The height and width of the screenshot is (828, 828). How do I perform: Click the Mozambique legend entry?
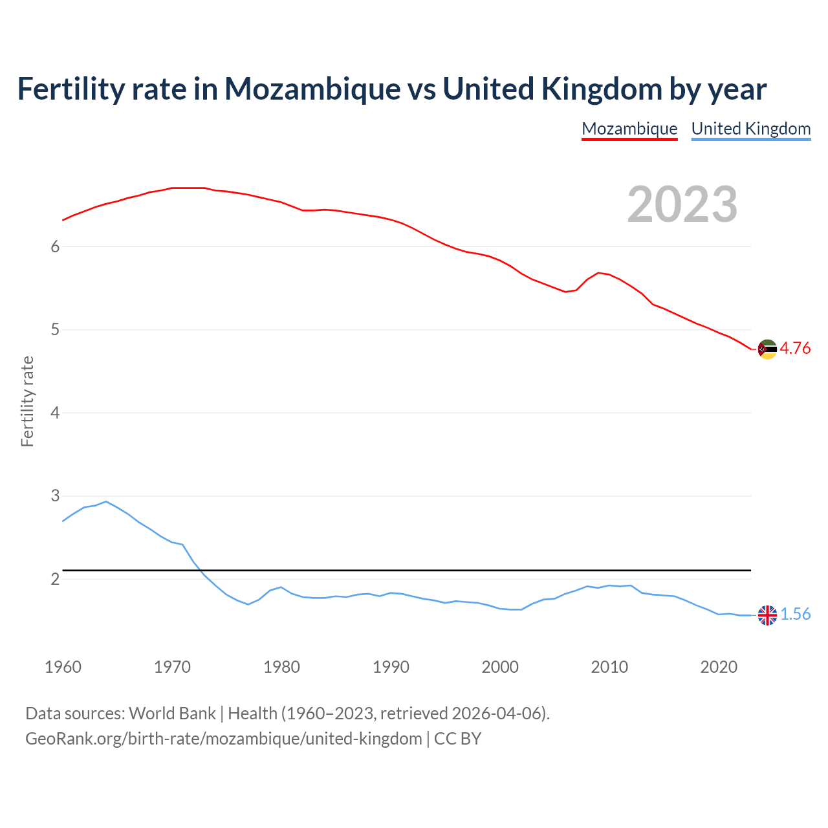(x=629, y=129)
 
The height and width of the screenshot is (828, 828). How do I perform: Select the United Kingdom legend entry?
(x=750, y=129)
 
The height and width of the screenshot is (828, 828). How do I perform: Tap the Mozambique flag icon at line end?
(x=767, y=349)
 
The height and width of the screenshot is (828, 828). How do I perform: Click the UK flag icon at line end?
(x=767, y=615)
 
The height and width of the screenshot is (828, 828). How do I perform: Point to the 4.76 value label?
(x=795, y=348)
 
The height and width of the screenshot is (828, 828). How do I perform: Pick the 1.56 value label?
(x=795, y=614)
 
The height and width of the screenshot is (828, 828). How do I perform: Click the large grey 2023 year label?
(x=682, y=204)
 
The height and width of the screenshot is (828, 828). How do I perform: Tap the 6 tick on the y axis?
(x=55, y=246)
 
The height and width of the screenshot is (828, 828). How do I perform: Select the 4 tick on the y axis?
(x=55, y=413)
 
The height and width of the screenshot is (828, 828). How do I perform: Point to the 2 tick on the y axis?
(x=55, y=579)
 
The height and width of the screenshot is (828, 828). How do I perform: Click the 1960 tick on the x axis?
(x=63, y=667)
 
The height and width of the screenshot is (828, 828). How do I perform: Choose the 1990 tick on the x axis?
(x=391, y=667)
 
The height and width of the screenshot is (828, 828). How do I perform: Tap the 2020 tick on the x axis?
(x=719, y=667)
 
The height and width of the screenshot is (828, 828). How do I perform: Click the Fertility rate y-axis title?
(x=27, y=401)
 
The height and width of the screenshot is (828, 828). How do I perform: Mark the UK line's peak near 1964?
(x=106, y=501)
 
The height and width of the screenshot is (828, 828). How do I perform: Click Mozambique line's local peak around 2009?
(x=598, y=272)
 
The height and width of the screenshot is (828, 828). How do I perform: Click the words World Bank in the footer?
(x=172, y=714)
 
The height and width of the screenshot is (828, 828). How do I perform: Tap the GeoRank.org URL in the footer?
(x=223, y=739)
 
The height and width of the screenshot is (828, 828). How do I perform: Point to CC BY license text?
(x=457, y=739)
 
